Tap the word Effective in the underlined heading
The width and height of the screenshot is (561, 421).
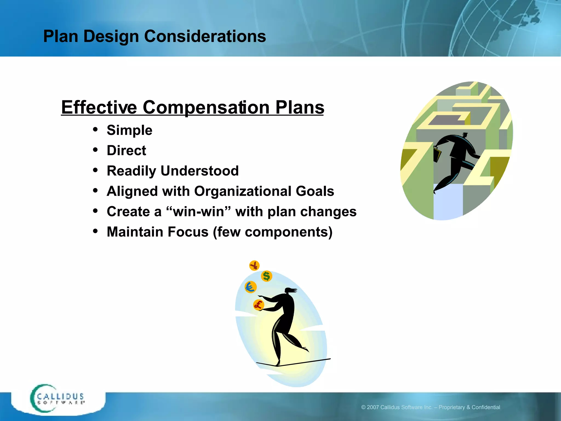pos(99,107)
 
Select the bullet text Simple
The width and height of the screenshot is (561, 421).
pos(129,130)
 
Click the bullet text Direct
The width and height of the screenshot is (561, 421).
pos(126,150)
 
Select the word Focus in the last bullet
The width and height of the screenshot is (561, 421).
pos(188,232)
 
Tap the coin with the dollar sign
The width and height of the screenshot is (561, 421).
pos(266,276)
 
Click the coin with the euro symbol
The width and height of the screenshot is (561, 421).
pos(250,287)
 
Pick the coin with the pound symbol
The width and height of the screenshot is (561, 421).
pos(258,305)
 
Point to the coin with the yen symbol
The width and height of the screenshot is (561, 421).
pos(254,265)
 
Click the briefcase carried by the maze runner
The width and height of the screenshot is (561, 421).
pos(437,154)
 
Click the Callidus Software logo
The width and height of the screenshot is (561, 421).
pos(58,399)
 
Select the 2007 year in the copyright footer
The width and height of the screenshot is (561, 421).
pos(373,407)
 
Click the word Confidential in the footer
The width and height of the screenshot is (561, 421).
pos(486,407)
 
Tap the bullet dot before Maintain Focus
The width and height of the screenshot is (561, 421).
pos(95,231)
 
